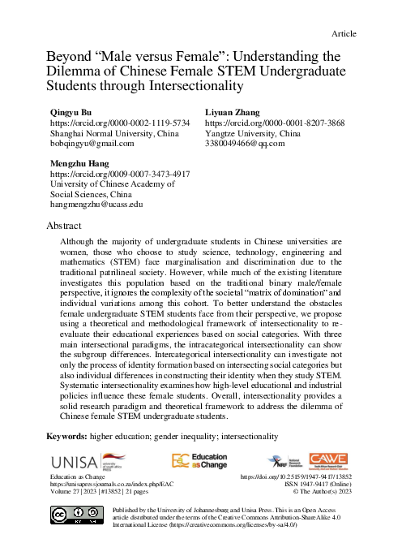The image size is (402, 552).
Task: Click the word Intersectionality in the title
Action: [x=191, y=84]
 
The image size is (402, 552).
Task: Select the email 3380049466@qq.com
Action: [x=244, y=144]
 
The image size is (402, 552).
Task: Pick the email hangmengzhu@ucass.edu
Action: [x=96, y=206]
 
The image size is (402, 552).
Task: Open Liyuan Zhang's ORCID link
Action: [x=264, y=121]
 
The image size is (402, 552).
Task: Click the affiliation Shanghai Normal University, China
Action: [x=114, y=132]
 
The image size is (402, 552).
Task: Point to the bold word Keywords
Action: [x=71, y=436]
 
